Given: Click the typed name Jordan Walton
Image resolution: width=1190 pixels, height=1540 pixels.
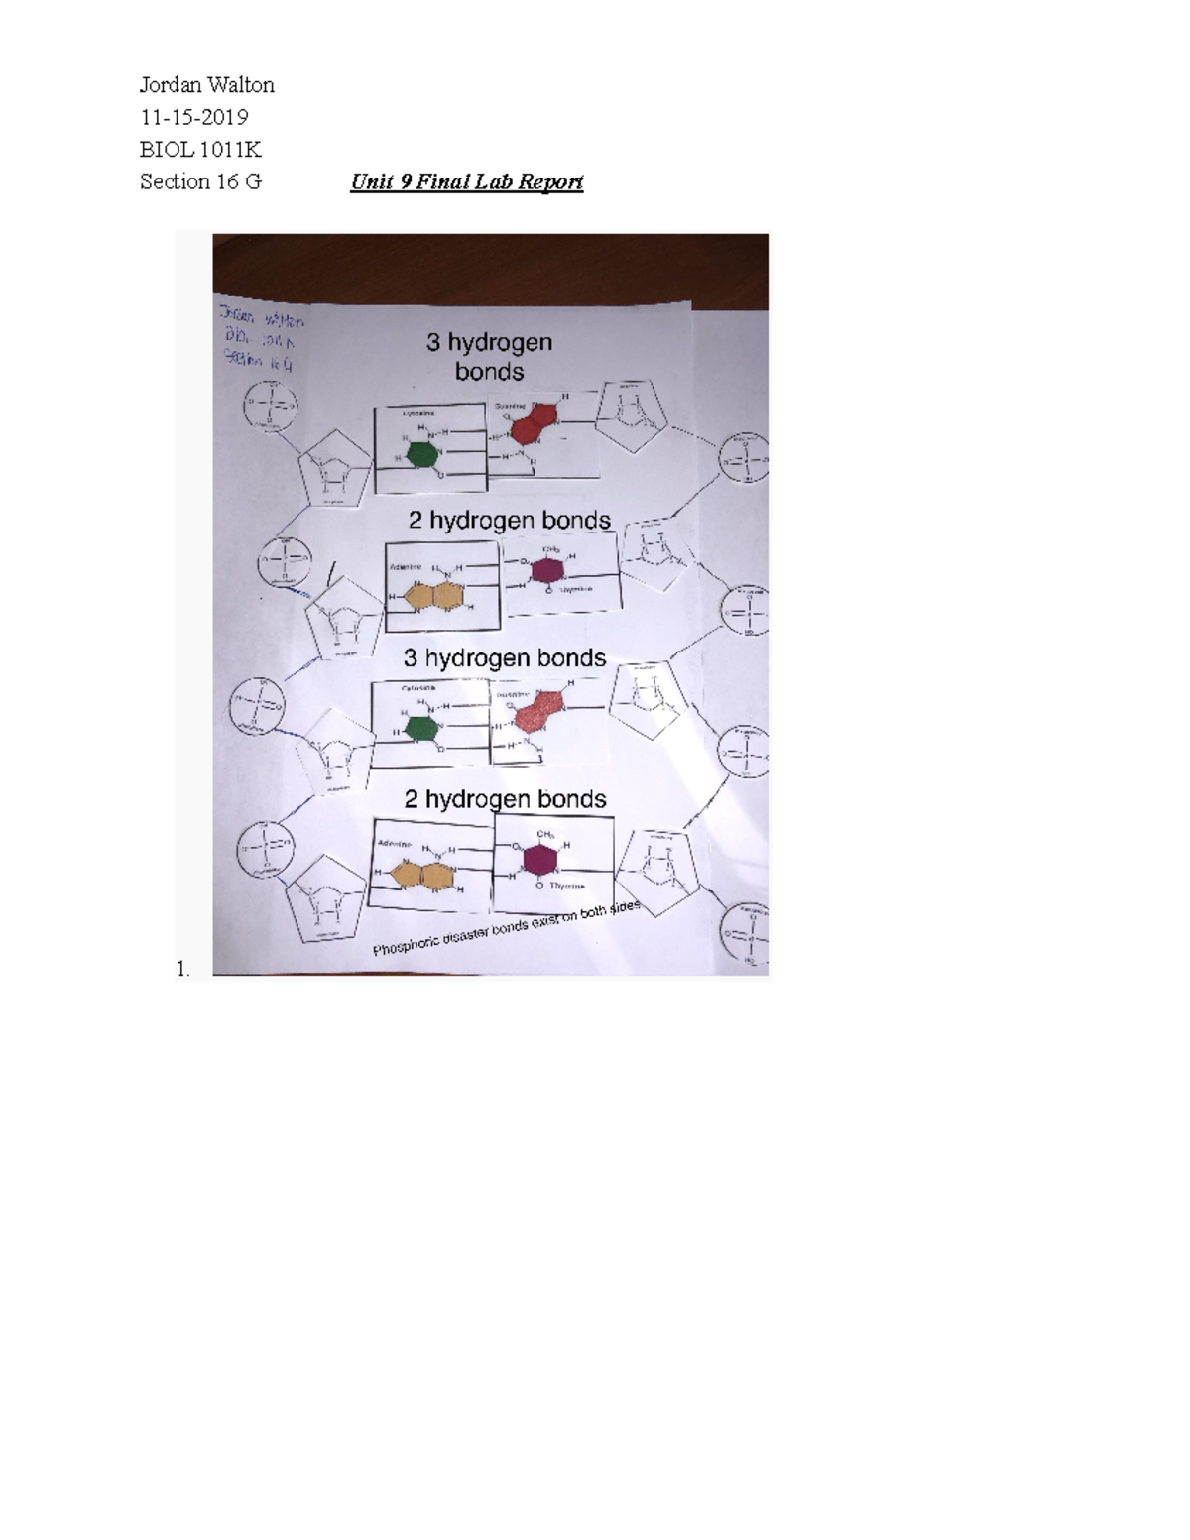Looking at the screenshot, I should pos(206,85).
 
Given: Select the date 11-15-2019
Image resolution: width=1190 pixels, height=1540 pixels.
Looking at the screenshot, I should pos(193,117).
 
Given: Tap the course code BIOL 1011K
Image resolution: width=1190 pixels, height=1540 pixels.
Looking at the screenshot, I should pos(200,150).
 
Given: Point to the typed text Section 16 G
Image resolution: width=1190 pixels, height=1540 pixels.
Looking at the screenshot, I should pos(200,181).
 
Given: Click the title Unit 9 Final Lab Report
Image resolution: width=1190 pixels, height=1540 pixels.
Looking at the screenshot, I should pos(466,181).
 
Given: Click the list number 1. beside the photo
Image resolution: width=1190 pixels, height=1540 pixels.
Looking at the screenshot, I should pos(182,969).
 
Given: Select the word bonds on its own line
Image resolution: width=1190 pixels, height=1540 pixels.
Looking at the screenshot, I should pos(489,372).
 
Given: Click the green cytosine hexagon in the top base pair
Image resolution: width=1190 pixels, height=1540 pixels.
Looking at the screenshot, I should pos(421,455).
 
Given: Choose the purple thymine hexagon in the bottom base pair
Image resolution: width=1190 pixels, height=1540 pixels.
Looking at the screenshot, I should pos(540,860).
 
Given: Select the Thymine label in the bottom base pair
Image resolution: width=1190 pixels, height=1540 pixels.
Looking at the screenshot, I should pos(567,886).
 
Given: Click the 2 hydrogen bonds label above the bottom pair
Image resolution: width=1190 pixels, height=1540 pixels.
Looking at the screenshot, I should pos(505,799).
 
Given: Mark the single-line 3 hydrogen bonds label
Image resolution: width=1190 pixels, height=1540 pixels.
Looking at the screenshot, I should pos(504,658).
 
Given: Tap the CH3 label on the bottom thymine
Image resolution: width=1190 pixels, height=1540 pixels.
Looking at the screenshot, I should pos(545,834).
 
